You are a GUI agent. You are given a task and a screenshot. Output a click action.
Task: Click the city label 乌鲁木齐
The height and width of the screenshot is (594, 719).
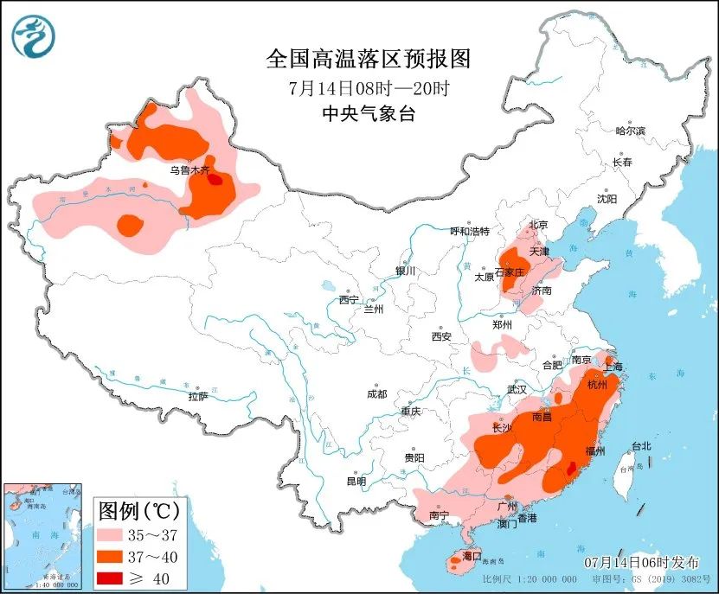coord(189,170)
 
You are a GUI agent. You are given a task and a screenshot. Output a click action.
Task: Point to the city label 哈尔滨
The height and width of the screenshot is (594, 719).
coord(630,131)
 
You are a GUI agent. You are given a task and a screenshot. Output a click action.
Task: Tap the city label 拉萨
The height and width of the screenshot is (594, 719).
coord(198,396)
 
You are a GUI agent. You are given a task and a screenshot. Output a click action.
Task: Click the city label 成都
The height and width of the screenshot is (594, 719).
coord(376,394)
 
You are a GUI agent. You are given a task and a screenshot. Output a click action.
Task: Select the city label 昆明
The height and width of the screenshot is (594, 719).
coord(356,481)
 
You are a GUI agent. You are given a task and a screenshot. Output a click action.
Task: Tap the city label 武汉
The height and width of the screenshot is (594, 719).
coord(517,389)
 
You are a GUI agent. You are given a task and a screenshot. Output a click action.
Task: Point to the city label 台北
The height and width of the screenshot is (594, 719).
coord(640,446)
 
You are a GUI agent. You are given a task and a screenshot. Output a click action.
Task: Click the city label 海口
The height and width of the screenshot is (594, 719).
coord(472,554)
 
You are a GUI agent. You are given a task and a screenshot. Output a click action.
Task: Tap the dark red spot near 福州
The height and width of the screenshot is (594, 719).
coord(570,468)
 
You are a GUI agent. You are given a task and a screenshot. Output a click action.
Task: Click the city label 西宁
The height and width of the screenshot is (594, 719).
coord(349,299)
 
